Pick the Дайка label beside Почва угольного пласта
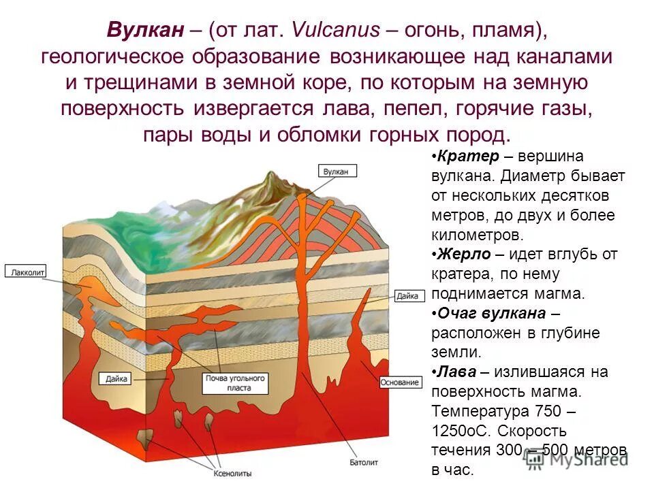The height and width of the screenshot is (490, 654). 114,378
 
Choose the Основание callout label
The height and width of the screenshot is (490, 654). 402,382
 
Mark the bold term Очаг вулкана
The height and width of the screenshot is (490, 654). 490,314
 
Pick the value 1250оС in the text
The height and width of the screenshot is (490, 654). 461,431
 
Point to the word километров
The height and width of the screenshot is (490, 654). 477,235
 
